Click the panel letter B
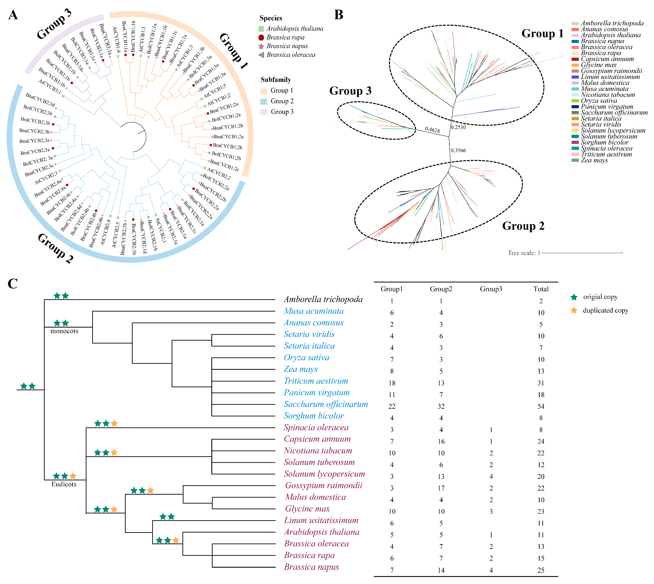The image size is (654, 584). point(339,15)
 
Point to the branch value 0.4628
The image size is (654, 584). point(432,130)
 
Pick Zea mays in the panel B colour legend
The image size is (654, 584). point(594,160)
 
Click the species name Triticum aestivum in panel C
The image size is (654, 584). point(316,381)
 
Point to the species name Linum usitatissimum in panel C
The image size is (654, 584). point(321,520)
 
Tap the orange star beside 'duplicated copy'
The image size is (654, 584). point(574,310)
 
